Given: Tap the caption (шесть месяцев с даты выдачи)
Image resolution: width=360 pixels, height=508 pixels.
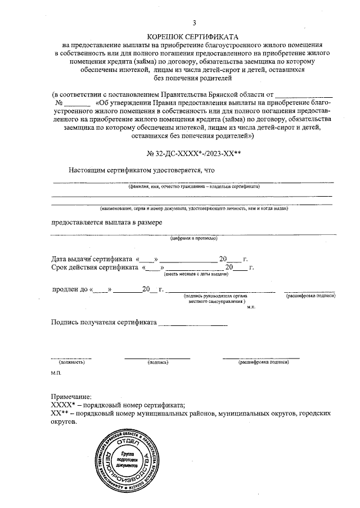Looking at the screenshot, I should (196, 274).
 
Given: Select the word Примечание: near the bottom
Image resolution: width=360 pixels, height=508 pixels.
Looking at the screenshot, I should (70, 397).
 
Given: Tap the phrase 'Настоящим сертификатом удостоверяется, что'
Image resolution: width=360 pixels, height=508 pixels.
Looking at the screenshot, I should (142, 170).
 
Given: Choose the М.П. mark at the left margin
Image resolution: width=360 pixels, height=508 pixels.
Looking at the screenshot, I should (56, 373).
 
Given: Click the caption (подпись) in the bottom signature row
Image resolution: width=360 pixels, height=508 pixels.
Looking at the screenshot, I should (157, 363).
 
